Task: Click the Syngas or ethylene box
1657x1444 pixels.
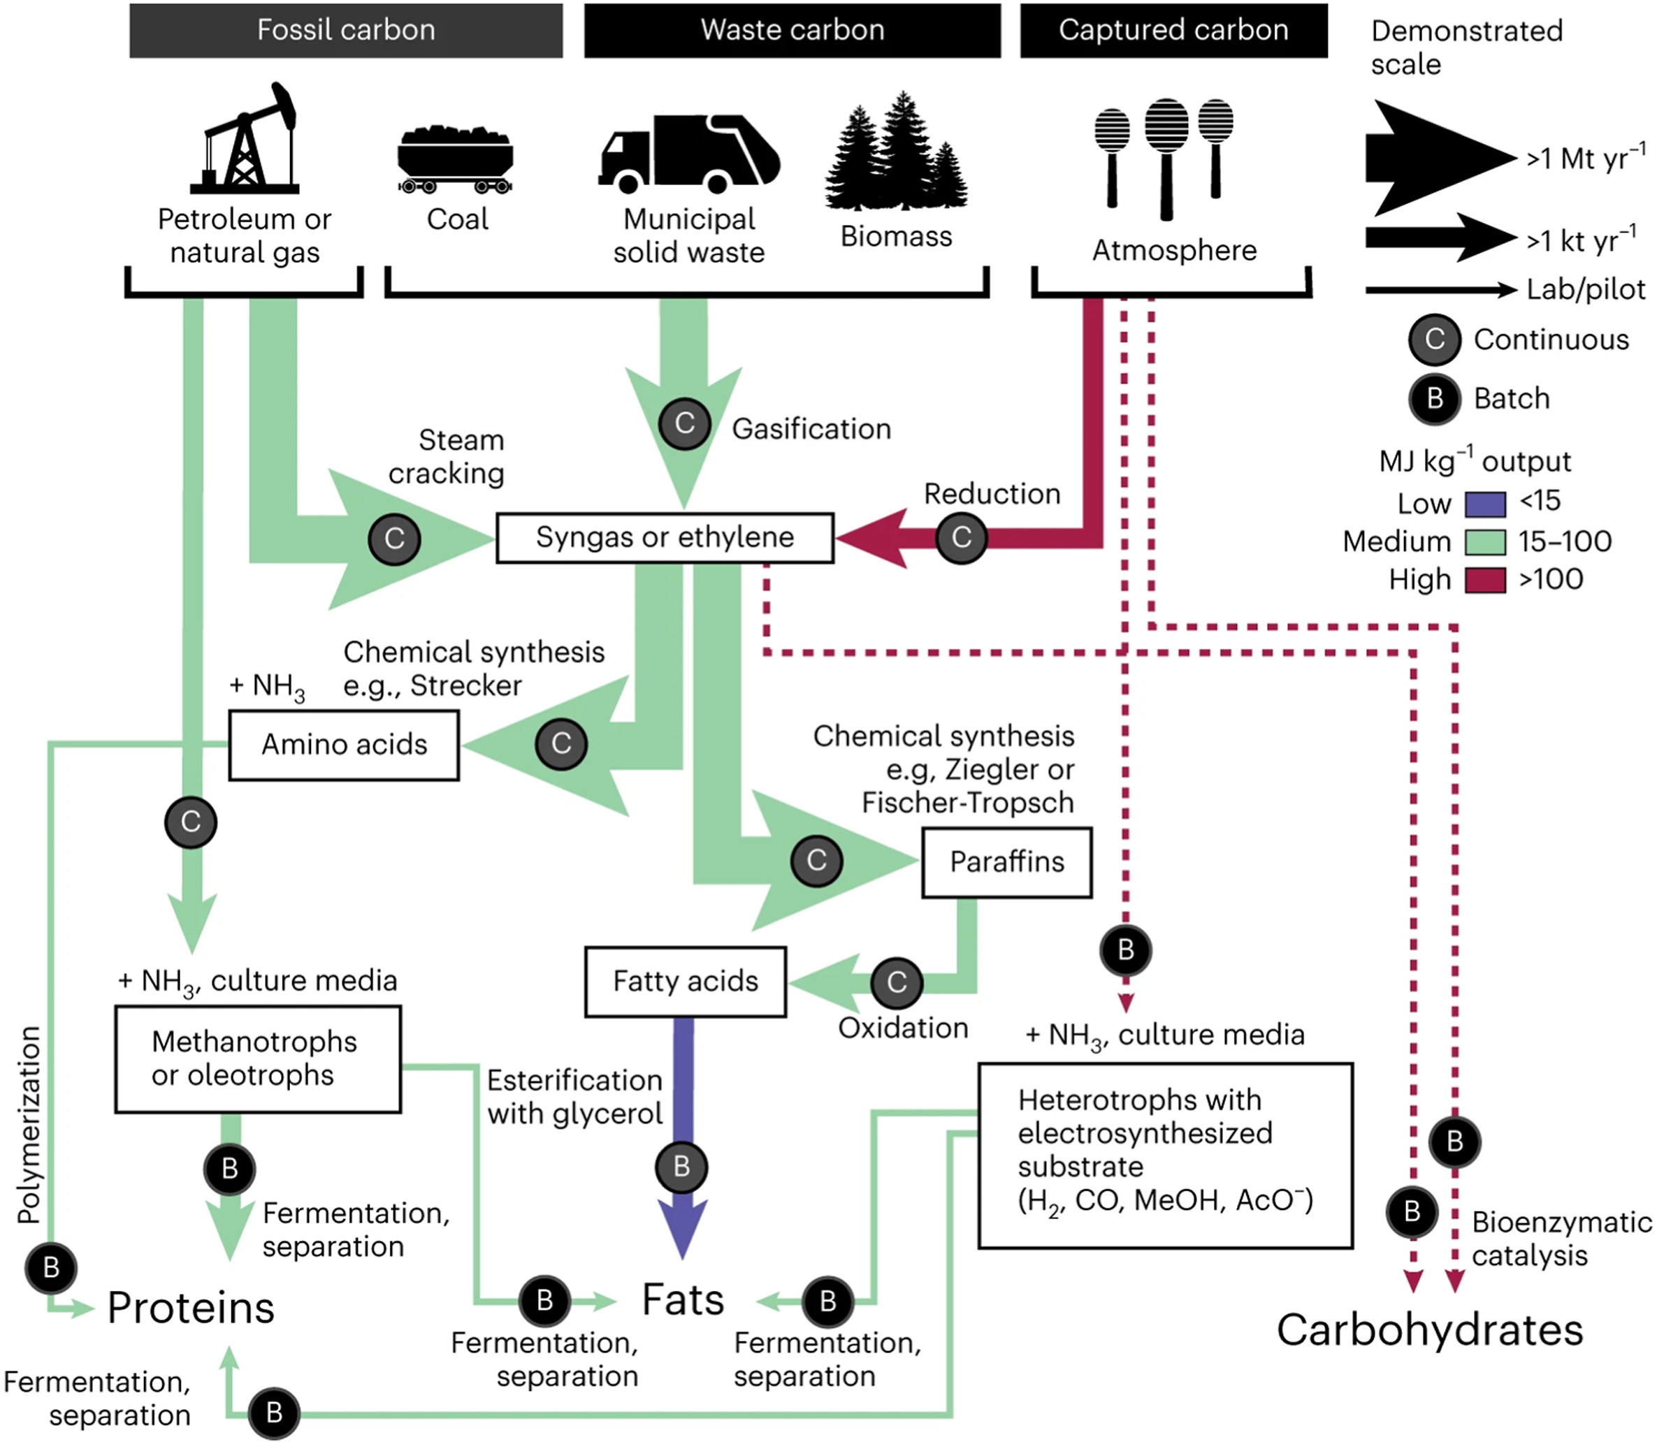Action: pyautogui.click(x=665, y=537)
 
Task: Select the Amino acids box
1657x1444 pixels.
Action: pyautogui.click(x=344, y=745)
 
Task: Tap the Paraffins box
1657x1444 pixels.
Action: pyautogui.click(x=1006, y=862)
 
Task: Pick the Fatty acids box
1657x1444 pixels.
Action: pyautogui.click(x=685, y=982)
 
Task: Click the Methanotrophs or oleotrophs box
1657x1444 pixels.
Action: pyautogui.click(x=258, y=1059)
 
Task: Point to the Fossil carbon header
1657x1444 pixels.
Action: pyautogui.click(x=346, y=31)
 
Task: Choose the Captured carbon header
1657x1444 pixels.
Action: pyautogui.click(x=1173, y=31)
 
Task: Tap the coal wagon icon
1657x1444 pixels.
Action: pyautogui.click(x=456, y=159)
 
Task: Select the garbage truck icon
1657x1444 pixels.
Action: pyautogui.click(x=689, y=153)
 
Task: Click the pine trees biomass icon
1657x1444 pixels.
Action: pyautogui.click(x=896, y=153)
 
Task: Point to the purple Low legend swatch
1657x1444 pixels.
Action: pyautogui.click(x=1484, y=504)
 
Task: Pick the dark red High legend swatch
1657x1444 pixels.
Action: pyautogui.click(x=1484, y=580)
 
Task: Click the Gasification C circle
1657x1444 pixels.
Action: pyautogui.click(x=684, y=423)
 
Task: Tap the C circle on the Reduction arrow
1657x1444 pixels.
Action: pyautogui.click(x=961, y=537)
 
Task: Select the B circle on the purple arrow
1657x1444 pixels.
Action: pyautogui.click(x=681, y=1167)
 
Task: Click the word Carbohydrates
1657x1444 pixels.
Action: pyautogui.click(x=1430, y=1329)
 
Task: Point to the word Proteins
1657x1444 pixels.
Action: pyautogui.click(x=191, y=1307)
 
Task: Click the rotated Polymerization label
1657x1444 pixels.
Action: pyautogui.click(x=30, y=1124)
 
